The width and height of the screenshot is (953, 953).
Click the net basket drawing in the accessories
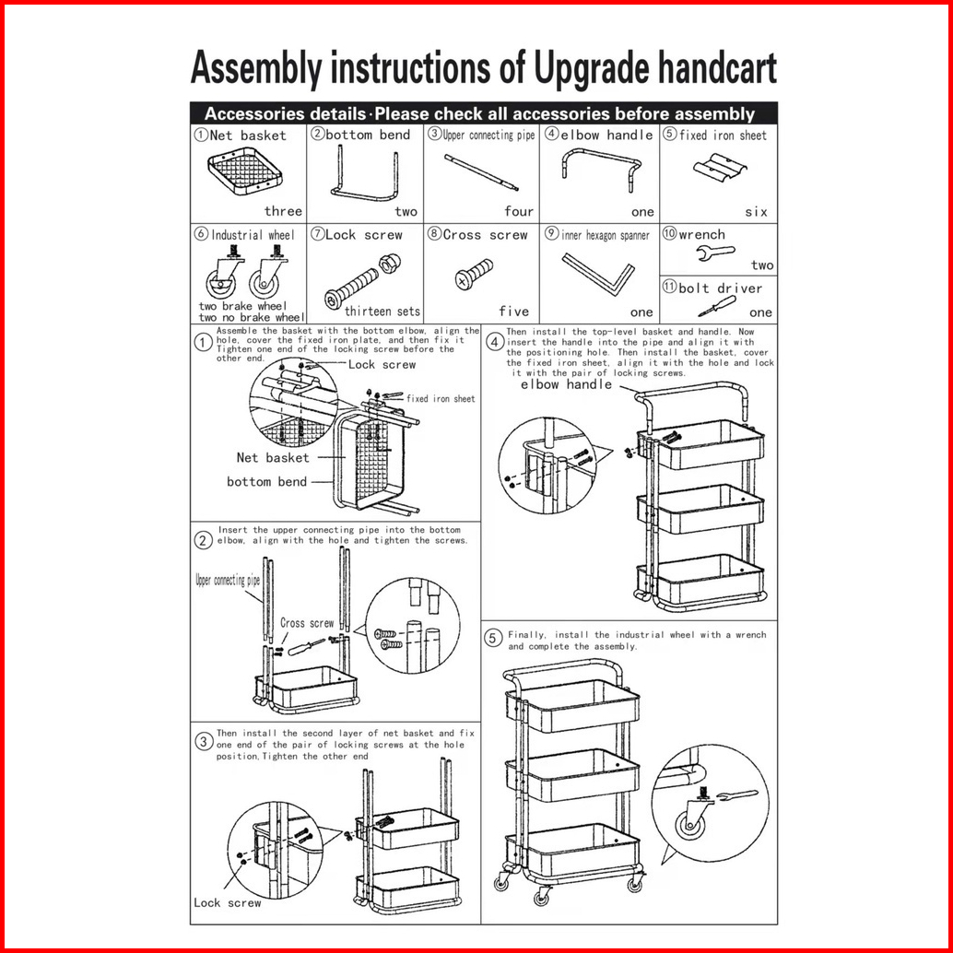[244, 173]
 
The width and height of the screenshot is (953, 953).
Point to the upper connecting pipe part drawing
[480, 172]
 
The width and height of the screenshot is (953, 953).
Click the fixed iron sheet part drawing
[718, 171]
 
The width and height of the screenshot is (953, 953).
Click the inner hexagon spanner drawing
[598, 274]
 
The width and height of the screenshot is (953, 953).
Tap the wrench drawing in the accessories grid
[713, 253]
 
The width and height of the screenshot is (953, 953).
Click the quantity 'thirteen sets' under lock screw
[382, 312]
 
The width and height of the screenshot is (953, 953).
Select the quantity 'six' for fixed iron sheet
[756, 212]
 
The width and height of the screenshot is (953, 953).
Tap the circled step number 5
[492, 639]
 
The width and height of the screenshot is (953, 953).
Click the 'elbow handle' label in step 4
[566, 385]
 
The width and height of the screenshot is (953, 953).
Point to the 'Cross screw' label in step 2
[307, 624]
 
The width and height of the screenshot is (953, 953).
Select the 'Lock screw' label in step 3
[227, 902]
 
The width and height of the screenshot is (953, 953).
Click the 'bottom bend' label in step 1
[267, 481]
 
